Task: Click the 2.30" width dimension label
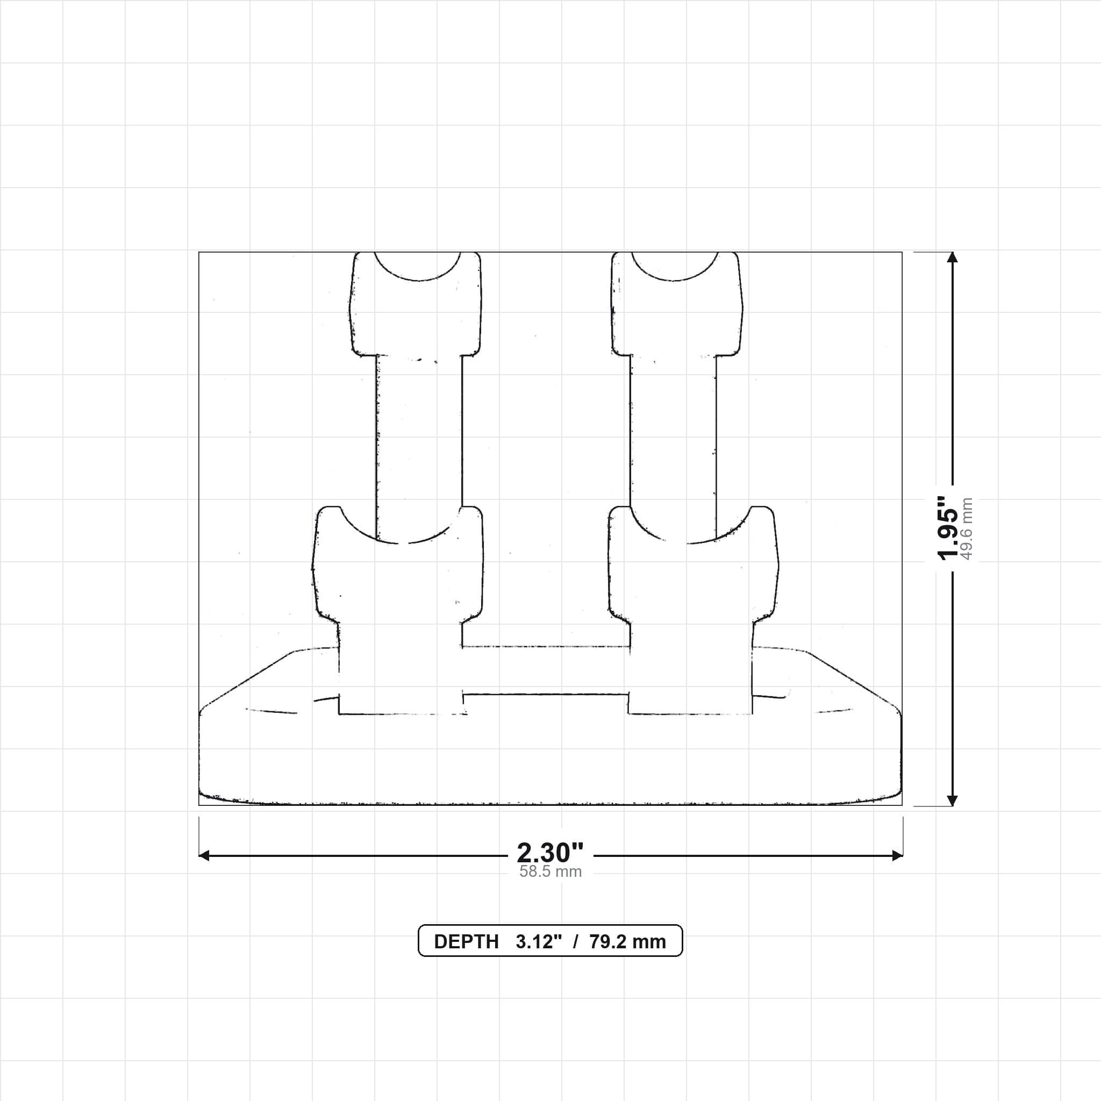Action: (550, 853)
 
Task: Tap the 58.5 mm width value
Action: (550, 871)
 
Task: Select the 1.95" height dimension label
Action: (949, 528)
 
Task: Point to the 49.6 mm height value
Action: (967, 528)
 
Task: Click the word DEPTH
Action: (466, 941)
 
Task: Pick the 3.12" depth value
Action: (539, 941)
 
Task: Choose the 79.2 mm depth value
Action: (627, 941)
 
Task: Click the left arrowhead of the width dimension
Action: (204, 855)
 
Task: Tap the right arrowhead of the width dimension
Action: (898, 855)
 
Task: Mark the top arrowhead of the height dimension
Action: (952, 257)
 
